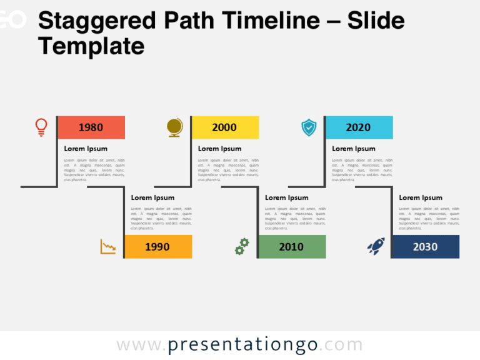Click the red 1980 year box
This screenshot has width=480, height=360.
pyautogui.click(x=91, y=127)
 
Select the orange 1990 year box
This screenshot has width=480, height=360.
pyautogui.click(x=157, y=247)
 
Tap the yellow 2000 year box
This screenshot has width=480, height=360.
pyautogui.click(x=224, y=127)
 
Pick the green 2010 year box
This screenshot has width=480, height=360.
pyautogui.click(x=291, y=247)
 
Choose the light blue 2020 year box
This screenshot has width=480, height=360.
pyautogui.click(x=358, y=127)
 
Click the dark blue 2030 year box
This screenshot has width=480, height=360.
pyautogui.click(x=425, y=247)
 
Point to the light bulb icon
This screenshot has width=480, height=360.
pyautogui.click(x=41, y=127)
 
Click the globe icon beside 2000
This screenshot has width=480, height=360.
pyautogui.click(x=175, y=127)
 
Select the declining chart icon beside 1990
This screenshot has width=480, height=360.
pyautogui.click(x=108, y=246)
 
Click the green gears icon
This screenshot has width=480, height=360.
pyautogui.click(x=242, y=246)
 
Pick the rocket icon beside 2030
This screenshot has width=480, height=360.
pyautogui.click(x=376, y=246)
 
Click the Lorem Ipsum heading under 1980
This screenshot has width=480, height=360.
pyautogui.click(x=86, y=149)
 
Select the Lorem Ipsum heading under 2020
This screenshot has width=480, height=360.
pyautogui.click(x=354, y=149)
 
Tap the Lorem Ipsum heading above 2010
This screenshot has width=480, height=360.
pyautogui.click(x=287, y=198)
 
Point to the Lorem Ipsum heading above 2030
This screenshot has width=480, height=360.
pyautogui.click(x=421, y=198)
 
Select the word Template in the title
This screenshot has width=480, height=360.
pyautogui.click(x=91, y=46)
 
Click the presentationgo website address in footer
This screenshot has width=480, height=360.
pyautogui.click(x=239, y=345)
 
